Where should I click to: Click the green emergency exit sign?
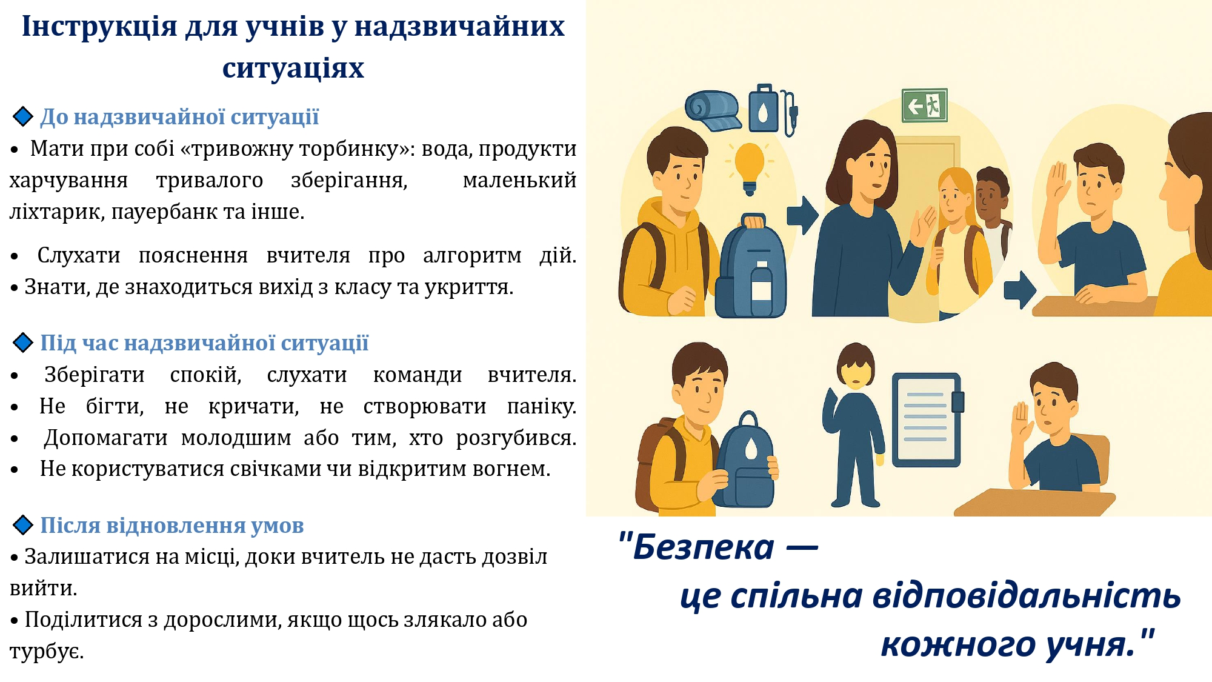[924, 105]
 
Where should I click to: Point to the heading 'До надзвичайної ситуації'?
[179, 116]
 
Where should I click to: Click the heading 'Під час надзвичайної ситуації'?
[204, 343]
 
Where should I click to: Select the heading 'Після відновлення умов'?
[172, 525]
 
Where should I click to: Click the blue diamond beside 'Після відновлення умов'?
[23, 525]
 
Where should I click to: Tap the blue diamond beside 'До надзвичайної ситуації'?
[23, 116]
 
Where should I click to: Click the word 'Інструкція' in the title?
[99, 27]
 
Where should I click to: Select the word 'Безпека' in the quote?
[704, 547]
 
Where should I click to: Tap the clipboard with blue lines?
[927, 420]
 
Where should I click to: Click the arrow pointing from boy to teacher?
[803, 215]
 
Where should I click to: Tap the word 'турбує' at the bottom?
[46, 652]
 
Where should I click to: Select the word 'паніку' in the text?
[541, 407]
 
